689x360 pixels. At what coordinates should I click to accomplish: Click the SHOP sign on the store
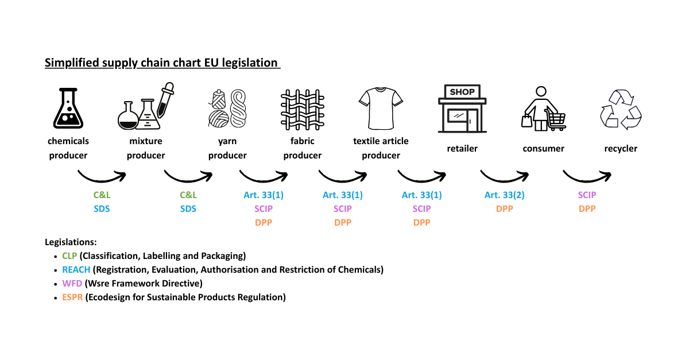click(x=462, y=92)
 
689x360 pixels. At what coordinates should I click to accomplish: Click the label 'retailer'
click(x=462, y=149)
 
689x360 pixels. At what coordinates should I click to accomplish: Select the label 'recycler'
click(x=621, y=149)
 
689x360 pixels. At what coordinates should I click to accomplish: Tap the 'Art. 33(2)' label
click(x=504, y=195)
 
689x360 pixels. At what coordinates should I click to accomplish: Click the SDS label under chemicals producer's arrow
click(x=102, y=209)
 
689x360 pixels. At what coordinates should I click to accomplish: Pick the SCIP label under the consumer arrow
click(x=587, y=195)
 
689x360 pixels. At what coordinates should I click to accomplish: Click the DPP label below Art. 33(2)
click(x=504, y=209)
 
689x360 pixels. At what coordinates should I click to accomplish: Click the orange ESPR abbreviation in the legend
click(x=72, y=297)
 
